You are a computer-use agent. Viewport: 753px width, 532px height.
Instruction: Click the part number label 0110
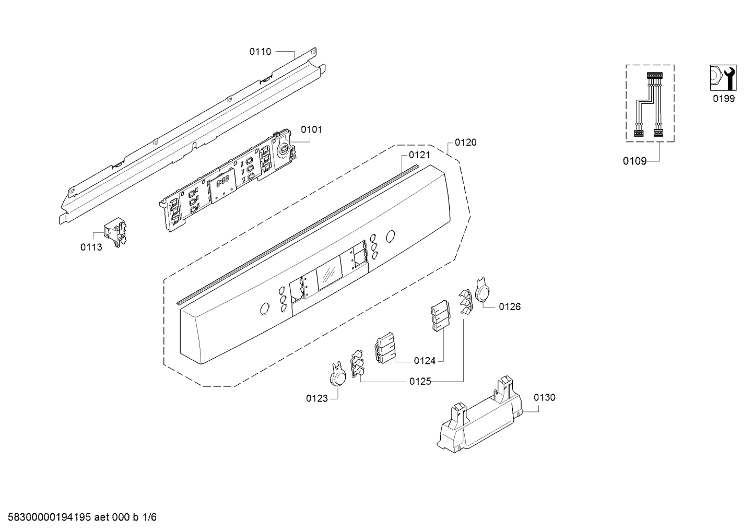[260, 52]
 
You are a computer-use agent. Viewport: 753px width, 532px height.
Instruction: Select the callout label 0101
[311, 129]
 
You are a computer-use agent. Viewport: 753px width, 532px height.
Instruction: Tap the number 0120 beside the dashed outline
[465, 143]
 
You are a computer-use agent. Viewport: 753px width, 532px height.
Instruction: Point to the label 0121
[419, 155]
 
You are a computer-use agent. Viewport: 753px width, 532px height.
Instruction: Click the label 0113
[91, 247]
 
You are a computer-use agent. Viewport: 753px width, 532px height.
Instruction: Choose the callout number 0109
[634, 161]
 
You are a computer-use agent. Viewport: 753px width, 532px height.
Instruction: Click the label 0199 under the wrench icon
[724, 99]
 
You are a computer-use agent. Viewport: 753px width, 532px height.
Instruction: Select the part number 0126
[510, 307]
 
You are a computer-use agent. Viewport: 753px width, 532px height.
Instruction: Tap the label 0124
[425, 361]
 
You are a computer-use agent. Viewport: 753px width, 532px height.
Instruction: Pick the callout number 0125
[420, 382]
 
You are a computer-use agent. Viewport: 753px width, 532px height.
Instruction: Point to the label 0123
[316, 398]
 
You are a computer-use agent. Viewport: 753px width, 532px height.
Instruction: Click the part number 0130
[545, 398]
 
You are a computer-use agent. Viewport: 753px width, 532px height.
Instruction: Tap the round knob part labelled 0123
[337, 375]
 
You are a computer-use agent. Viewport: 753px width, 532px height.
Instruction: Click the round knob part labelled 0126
[482, 290]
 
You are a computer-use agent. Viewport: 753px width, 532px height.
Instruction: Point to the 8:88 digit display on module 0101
[222, 184]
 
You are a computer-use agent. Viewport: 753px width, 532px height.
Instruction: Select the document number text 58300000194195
[49, 517]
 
